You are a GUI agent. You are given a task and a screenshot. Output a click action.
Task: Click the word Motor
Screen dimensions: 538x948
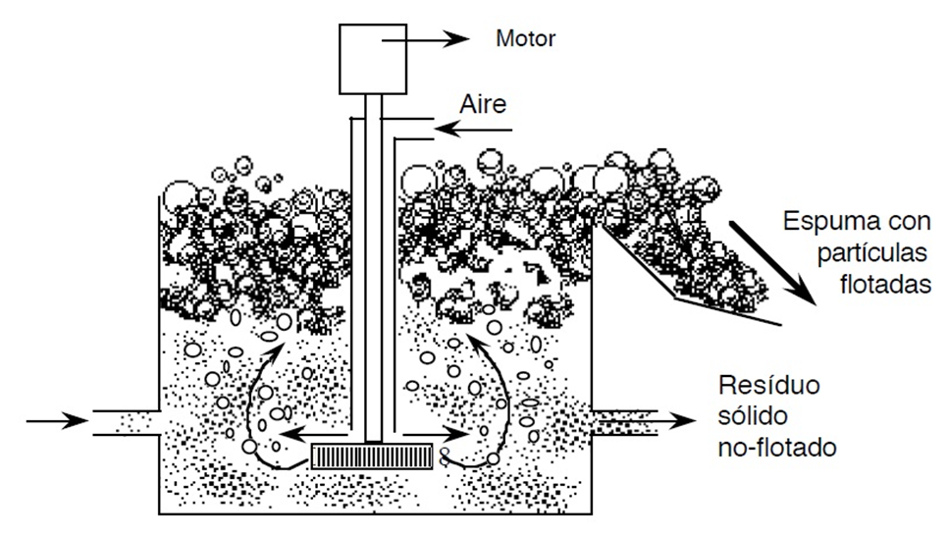click(526, 40)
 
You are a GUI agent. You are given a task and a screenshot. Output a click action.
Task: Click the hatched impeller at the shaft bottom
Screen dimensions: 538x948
click(371, 456)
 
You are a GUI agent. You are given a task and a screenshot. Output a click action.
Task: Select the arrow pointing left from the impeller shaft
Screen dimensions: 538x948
click(315, 432)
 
